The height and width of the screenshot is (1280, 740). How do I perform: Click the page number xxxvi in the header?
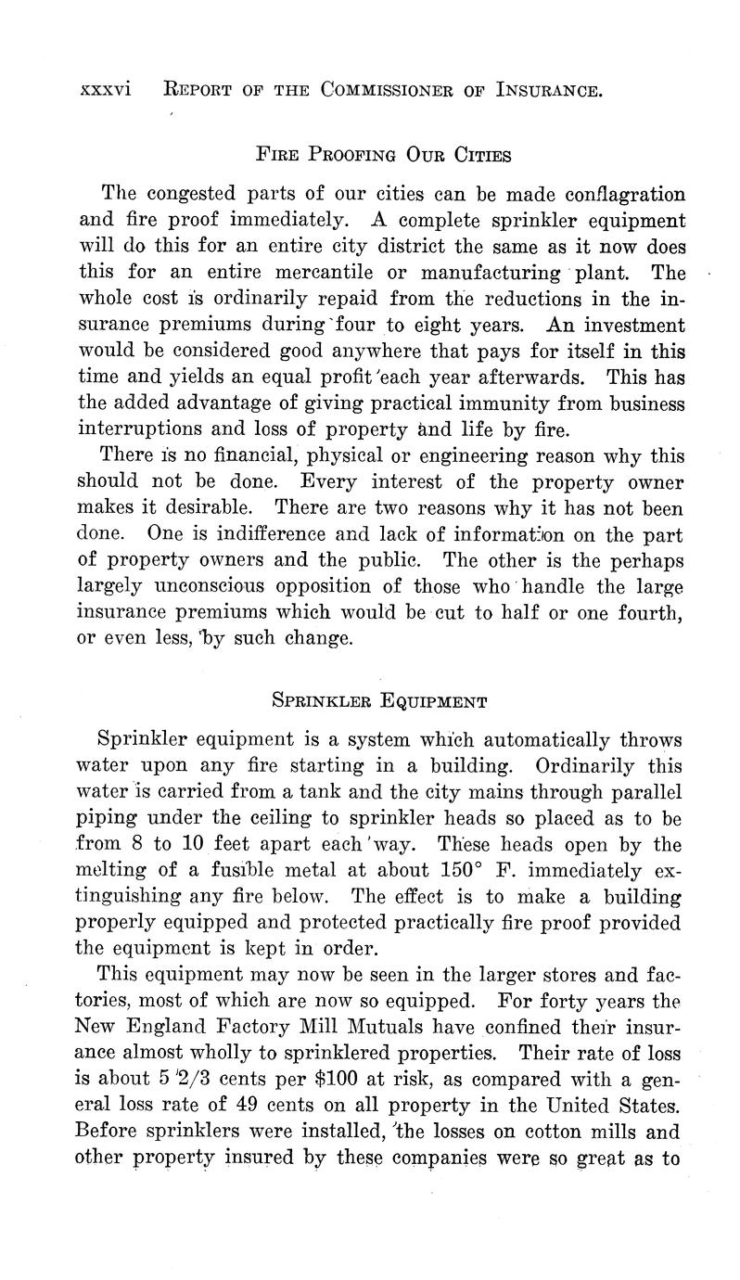[106, 90]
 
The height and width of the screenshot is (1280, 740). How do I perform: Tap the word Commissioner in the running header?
[393, 90]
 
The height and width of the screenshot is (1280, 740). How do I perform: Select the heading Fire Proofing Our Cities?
[382, 155]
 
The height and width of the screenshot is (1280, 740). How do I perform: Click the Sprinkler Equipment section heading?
[379, 701]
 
